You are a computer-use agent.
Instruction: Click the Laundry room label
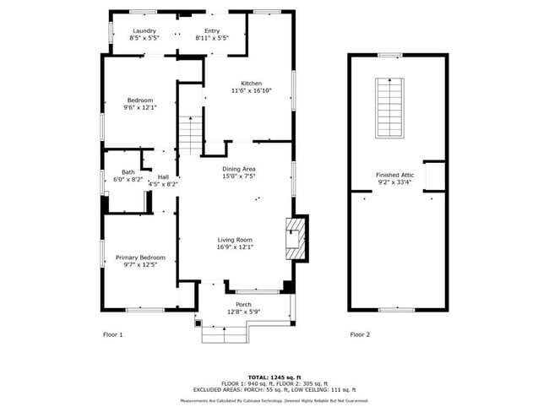(x=144, y=31)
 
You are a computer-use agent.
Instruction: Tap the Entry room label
(x=212, y=31)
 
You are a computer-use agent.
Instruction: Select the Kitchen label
(x=251, y=84)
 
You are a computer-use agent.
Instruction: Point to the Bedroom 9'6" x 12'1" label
(x=140, y=100)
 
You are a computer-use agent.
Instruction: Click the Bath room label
(x=128, y=172)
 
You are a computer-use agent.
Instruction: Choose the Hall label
(x=163, y=176)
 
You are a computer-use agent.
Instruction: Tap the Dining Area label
(x=239, y=169)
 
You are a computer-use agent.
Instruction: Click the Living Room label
(x=235, y=240)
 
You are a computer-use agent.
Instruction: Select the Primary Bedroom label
(x=140, y=257)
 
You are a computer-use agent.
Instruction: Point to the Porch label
(x=243, y=305)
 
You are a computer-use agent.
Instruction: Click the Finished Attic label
(x=394, y=175)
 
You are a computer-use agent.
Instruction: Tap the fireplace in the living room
(x=295, y=240)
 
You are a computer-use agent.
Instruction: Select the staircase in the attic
(x=389, y=108)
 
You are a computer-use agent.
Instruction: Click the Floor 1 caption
(x=113, y=334)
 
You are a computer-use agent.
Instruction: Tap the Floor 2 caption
(x=360, y=334)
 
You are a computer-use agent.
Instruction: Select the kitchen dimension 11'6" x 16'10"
(x=251, y=91)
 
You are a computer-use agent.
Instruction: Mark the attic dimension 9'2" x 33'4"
(x=394, y=182)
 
